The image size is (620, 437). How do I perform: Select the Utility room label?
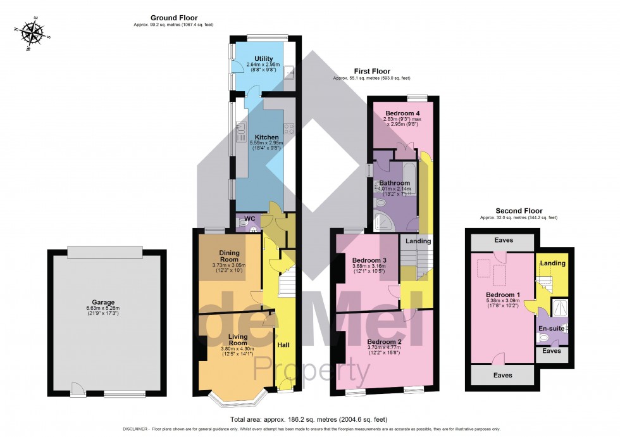click(263, 58)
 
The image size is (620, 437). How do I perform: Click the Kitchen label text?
click(266, 137)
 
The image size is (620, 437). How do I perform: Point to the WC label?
click(249, 219)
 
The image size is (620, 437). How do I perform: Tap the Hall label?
click(284, 345)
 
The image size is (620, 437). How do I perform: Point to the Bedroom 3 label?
click(369, 260)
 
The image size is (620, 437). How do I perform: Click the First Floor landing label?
click(418, 241)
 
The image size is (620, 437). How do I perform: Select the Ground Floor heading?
click(173, 18)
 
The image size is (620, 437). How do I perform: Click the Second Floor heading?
click(519, 210)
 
